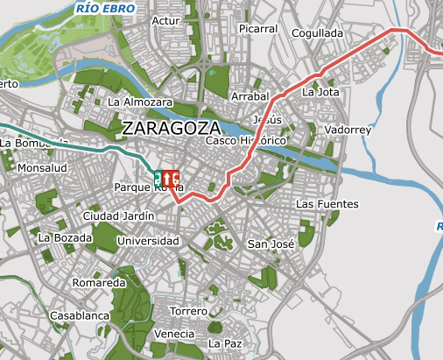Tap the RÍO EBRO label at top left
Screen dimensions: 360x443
pyautogui.click(x=105, y=8)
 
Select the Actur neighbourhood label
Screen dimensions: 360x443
pyautogui.click(x=165, y=20)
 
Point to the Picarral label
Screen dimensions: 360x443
pyautogui.click(x=257, y=29)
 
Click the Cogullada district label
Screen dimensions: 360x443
pyautogui.click(x=317, y=32)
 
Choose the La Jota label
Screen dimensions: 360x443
pyautogui.click(x=320, y=91)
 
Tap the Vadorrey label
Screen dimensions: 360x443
pyautogui.click(x=348, y=130)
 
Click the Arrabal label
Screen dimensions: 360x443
pyautogui.click(x=248, y=95)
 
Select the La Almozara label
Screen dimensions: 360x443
pyautogui.click(x=139, y=102)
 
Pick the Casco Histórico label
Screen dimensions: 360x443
pyautogui.click(x=246, y=141)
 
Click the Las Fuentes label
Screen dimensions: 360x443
pyautogui.click(x=327, y=204)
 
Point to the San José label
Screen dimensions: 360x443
pyautogui.click(x=270, y=244)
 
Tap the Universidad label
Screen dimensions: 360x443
pyautogui.click(x=148, y=241)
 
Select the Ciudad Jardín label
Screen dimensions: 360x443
pyautogui.click(x=118, y=215)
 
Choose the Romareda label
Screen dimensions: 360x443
pyautogui.click(x=99, y=283)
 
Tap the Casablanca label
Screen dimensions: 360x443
pyautogui.click(x=79, y=314)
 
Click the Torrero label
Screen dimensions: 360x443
pyautogui.click(x=188, y=311)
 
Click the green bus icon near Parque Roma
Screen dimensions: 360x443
pyautogui.click(x=158, y=178)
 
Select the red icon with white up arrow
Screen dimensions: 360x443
pyautogui.click(x=167, y=178)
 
